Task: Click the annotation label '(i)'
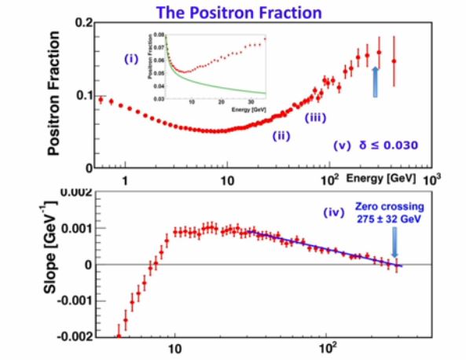coord(131,58)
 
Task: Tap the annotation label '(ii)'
coord(281,135)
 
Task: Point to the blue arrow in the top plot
coord(376,81)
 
